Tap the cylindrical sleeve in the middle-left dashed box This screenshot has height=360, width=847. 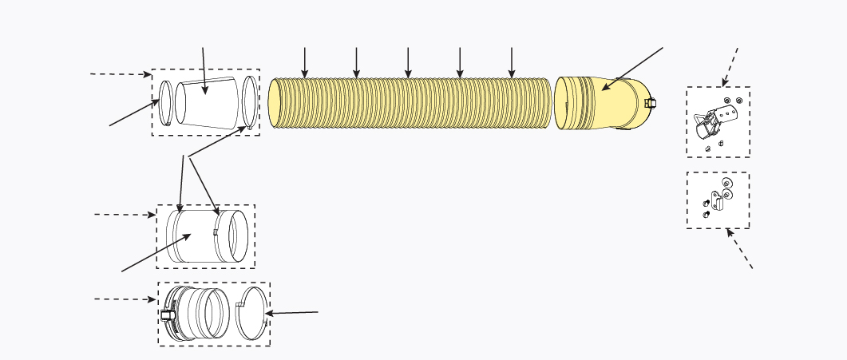pos(192,236)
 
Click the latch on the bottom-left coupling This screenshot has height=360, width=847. pos(168,315)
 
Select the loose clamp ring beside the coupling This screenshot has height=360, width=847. pos(251,314)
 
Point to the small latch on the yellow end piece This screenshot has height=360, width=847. pos(650,103)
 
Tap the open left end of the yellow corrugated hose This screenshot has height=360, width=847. pos(275,103)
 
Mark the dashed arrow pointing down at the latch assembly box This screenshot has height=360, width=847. pos(730,66)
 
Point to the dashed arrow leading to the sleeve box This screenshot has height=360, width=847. pos(125,214)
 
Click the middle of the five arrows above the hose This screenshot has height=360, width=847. pos(408,62)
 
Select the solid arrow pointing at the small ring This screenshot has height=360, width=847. pos(134,113)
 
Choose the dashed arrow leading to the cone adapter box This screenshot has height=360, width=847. pos(121,73)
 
